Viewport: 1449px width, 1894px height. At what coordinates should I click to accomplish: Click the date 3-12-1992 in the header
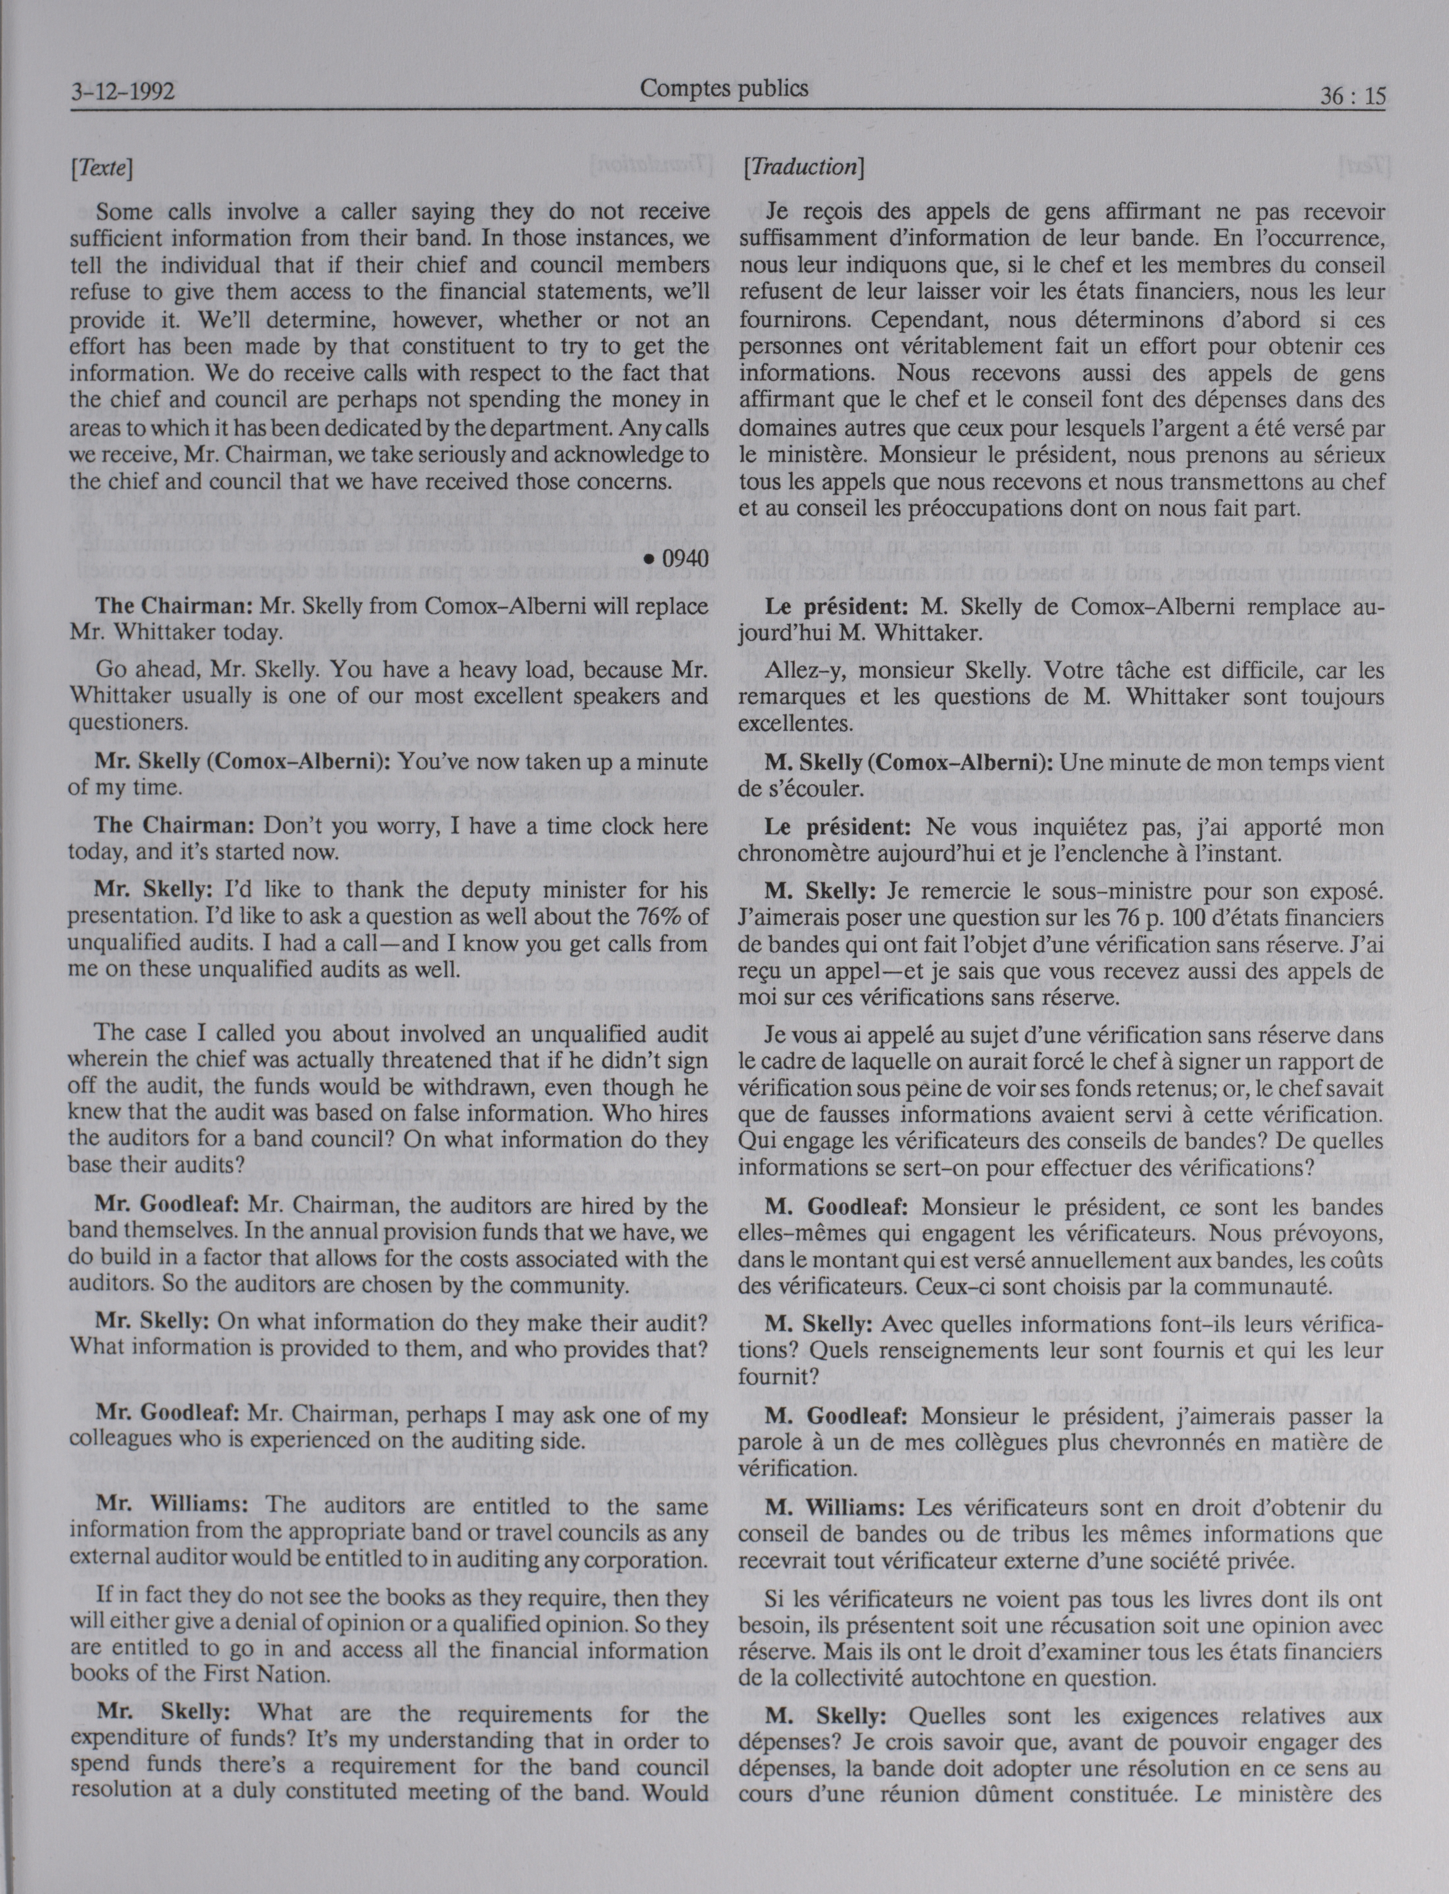coord(122,89)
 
